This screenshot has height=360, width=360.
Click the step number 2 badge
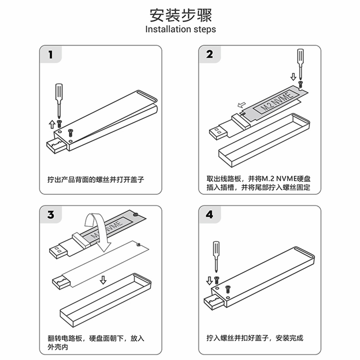(210, 55)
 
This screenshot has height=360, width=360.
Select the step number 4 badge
(210, 215)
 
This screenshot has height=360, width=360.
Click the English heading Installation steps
(180, 30)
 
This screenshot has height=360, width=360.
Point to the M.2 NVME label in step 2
(275, 103)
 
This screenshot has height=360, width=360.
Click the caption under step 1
(98, 179)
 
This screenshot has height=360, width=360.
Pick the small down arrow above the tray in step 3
(103, 280)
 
